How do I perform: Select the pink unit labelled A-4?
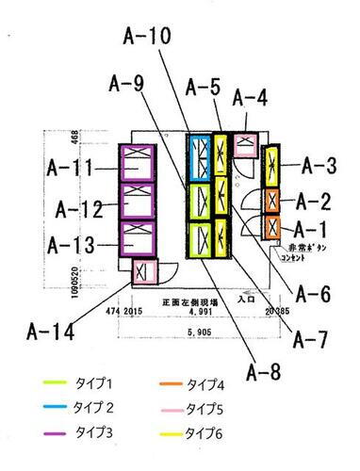pyautogui.click(x=246, y=144)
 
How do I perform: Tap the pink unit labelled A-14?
pyautogui.click(x=144, y=272)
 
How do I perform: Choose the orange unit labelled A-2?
pyautogui.click(x=271, y=200)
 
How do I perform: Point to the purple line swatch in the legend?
pyautogui.click(x=59, y=433)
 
